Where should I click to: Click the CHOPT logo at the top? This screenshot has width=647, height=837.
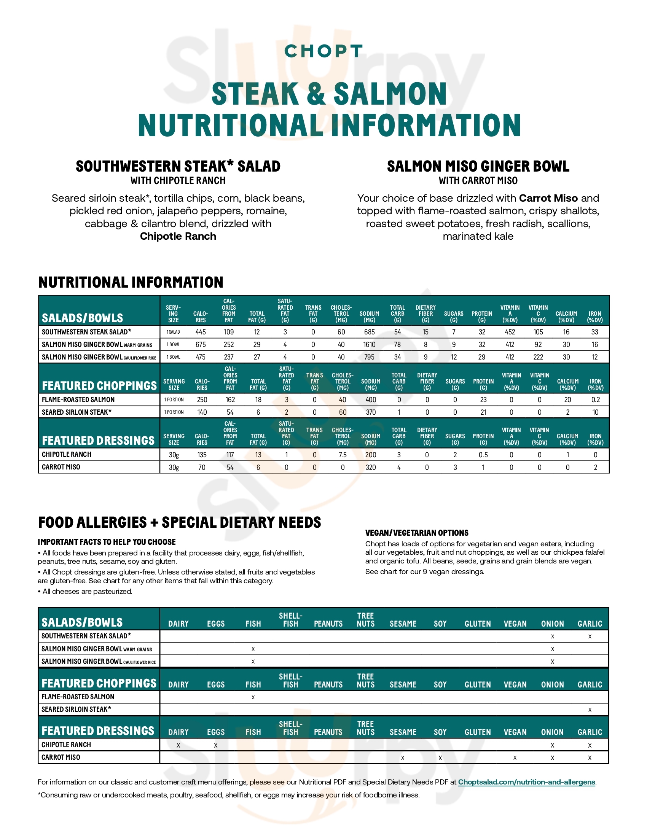point(323,51)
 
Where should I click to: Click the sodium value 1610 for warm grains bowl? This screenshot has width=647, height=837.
point(369,345)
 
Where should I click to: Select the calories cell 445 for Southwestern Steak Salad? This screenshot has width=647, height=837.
point(201,332)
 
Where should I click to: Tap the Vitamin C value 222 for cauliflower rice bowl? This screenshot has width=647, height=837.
point(538,357)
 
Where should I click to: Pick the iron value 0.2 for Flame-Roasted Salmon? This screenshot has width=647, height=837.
point(595,400)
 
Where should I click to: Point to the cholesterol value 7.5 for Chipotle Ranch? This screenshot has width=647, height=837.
point(342,455)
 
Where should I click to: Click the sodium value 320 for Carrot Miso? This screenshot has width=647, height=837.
point(370,468)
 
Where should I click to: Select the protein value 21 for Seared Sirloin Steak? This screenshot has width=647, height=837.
point(483,412)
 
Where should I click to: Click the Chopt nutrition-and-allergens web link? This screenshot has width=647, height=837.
point(526,782)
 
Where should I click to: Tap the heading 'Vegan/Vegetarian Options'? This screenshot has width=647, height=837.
point(417,533)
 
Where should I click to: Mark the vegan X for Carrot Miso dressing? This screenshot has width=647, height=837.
point(515,757)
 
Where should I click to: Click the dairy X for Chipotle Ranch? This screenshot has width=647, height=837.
point(178,745)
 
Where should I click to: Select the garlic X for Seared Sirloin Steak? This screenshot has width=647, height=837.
point(590,710)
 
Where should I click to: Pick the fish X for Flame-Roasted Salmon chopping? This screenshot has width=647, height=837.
point(253,697)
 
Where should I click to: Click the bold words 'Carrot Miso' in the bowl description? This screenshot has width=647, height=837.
point(548,198)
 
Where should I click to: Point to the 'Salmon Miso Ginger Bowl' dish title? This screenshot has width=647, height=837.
point(478,166)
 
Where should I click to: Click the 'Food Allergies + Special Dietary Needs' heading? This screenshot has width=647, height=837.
point(179,522)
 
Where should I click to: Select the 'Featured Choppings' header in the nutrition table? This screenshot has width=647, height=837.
point(99,385)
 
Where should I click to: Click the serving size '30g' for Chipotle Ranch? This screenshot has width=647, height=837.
point(174,455)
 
